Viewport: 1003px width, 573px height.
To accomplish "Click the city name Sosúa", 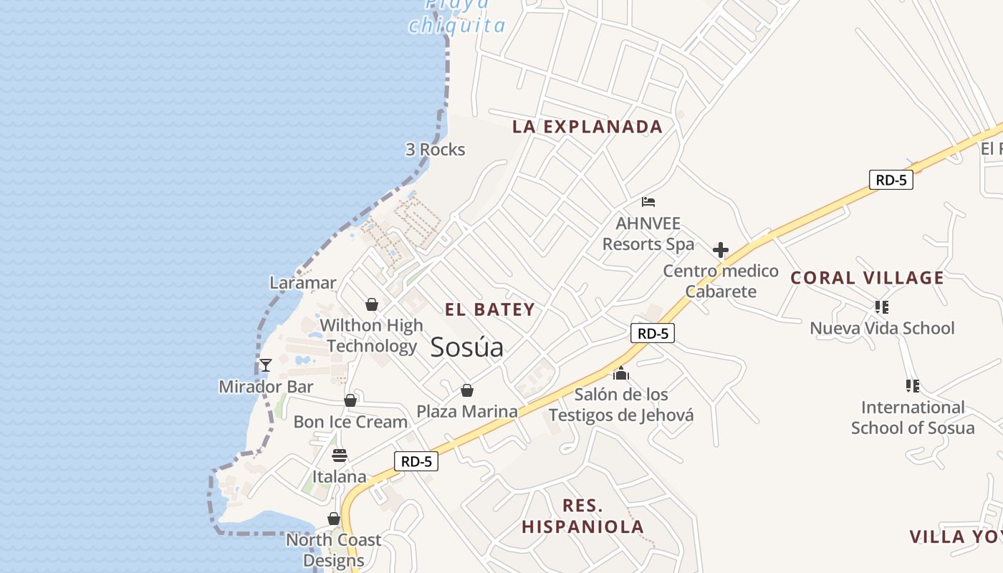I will [x=466, y=347].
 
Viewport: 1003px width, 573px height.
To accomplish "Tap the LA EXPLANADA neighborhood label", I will [x=587, y=127].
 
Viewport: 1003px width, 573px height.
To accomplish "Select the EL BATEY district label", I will [x=490, y=309].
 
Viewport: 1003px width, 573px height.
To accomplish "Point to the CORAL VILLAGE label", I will [x=867, y=278].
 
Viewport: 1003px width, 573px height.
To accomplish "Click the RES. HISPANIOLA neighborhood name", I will [x=582, y=516].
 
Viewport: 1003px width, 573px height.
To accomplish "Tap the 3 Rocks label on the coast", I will [x=435, y=150].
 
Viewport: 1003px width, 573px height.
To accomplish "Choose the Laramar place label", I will [x=302, y=283].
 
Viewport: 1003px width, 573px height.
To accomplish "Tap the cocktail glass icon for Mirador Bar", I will [x=266, y=365].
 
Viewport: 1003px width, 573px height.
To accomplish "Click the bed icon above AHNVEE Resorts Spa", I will [x=648, y=202].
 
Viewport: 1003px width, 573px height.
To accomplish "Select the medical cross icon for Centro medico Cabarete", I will [x=720, y=250].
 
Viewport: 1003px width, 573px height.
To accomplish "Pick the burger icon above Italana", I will [x=340, y=456].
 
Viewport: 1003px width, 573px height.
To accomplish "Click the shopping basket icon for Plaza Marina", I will [x=467, y=390].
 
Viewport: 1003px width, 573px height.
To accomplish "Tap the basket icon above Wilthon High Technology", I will [x=371, y=304].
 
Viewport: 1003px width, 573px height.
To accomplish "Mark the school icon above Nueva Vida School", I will [x=881, y=307].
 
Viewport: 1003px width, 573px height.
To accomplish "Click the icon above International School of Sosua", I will [x=912, y=386].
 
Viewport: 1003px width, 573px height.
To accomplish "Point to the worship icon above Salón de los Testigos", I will [x=620, y=373].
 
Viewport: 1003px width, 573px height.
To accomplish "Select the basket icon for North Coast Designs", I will [x=334, y=519].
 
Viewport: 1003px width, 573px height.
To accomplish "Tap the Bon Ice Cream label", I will [x=350, y=422].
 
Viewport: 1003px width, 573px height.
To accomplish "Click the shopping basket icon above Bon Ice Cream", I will [x=350, y=400].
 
